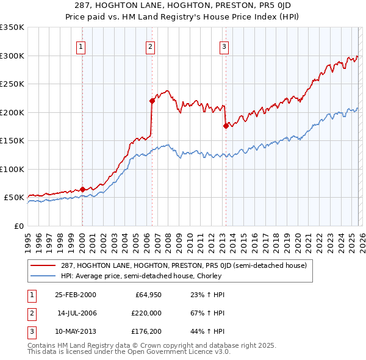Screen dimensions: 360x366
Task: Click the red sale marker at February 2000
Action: tap(82, 189)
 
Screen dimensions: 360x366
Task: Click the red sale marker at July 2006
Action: tap(152, 101)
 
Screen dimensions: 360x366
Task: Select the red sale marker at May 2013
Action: tap(225, 126)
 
